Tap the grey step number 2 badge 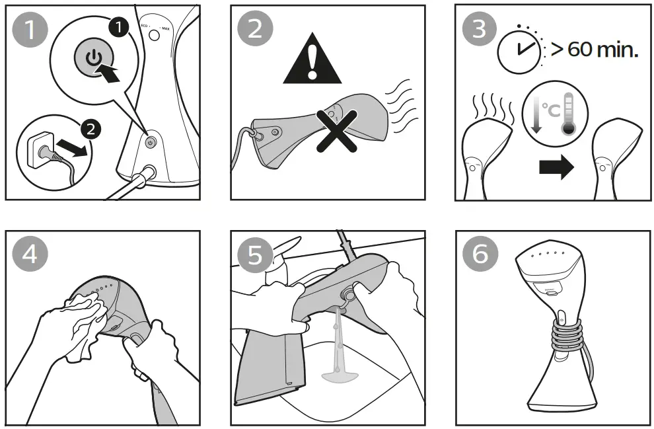tap(255, 30)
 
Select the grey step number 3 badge tap(480, 30)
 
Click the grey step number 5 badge tap(255, 255)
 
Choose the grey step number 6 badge tap(480, 255)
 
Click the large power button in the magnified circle tap(94, 58)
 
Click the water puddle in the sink tap(341, 377)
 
